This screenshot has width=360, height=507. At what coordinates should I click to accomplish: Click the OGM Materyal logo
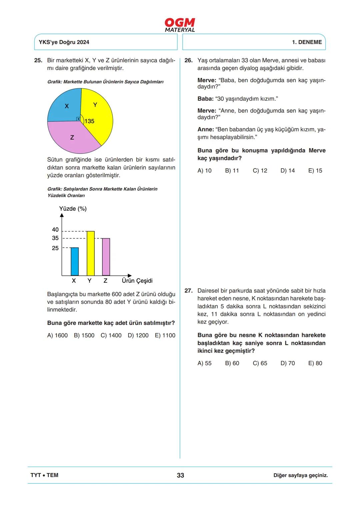pos(180,25)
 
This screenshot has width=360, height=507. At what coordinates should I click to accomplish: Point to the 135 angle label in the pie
pos(89,121)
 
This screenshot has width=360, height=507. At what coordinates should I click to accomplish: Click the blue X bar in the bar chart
pos(75,261)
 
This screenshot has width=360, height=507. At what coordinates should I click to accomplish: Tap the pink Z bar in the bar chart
pos(106,257)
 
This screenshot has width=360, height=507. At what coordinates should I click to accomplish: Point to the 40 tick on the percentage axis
pos(55,230)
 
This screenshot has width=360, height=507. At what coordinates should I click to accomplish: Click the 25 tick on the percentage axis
pos(55,248)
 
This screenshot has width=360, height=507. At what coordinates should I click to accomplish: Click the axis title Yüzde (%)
pos(73,209)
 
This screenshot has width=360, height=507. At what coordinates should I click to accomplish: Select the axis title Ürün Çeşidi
pos(137,281)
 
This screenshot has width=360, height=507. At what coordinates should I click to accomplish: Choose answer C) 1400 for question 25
pos(111,335)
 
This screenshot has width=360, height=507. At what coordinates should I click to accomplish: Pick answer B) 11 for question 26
pos(232,171)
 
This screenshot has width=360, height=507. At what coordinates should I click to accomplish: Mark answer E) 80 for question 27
pos(315,363)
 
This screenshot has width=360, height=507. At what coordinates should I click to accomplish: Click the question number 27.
pos(188,291)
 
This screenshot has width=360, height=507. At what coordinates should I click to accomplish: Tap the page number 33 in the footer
pos(180,475)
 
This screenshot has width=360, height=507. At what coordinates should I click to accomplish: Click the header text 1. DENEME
pos(307,42)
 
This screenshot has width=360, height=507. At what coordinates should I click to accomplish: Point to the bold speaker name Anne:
pos(205,130)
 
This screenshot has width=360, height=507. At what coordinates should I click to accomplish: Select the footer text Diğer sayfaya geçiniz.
pos(300,475)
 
